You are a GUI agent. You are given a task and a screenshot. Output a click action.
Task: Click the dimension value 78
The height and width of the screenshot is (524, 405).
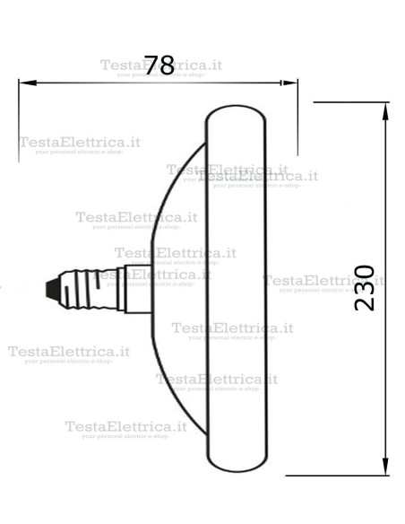click(x=159, y=65)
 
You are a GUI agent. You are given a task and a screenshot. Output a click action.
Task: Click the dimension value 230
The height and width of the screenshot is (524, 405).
click(x=365, y=287)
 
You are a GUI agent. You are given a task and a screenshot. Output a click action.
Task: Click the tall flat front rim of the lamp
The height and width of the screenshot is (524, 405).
click(x=237, y=287)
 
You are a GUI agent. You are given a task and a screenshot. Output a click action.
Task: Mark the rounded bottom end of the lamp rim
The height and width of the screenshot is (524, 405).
click(x=237, y=465)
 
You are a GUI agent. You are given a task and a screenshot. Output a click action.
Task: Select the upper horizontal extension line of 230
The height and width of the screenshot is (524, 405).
click(x=340, y=103)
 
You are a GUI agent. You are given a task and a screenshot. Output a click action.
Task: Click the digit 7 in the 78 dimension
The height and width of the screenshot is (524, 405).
click(x=151, y=65)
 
